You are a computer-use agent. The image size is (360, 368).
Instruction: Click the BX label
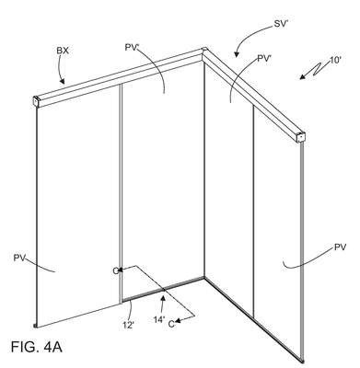pos(63,51)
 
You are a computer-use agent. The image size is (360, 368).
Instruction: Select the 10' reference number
pos(335,60)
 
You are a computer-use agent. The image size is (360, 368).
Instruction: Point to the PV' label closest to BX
pos(133,47)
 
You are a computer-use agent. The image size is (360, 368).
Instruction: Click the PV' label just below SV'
pos(264,59)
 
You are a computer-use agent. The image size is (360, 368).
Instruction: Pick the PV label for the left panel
pos(19,258)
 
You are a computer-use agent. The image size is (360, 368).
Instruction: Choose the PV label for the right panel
pos(340,247)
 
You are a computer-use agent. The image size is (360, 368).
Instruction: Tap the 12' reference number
pos(129,325)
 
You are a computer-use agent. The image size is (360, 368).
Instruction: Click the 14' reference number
pos(159,319)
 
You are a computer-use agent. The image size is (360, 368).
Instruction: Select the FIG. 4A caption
pos(37,347)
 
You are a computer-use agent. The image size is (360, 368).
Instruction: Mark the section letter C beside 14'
pos(171,324)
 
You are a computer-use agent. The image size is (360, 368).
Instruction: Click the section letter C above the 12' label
pos(115,271)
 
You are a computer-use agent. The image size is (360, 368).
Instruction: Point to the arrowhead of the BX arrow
pos(62,81)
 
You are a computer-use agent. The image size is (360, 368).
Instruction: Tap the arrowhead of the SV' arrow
pos(237,54)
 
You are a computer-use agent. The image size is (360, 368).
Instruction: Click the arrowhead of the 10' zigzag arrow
pos(303,76)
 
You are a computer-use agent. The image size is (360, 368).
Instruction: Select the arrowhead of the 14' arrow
pos(163,298)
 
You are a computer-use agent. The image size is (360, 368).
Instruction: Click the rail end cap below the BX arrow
pos(37,102)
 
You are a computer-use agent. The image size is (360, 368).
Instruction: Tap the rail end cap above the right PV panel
pos(301,137)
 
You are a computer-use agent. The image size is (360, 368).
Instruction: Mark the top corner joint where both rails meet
pos(203,51)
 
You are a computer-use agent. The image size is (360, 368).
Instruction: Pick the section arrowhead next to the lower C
pos(178,320)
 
